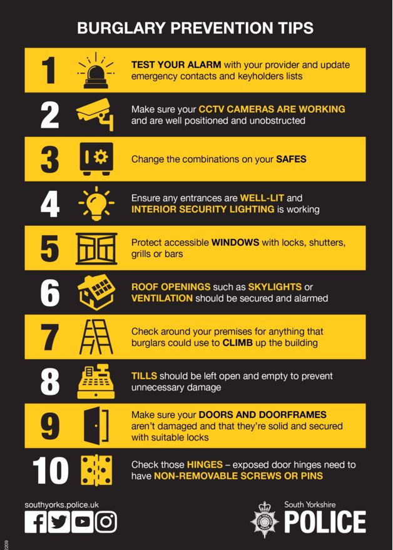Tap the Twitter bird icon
point(59,521)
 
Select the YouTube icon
point(83,521)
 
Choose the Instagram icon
point(106,521)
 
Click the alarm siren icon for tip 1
point(96,69)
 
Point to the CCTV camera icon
point(95,115)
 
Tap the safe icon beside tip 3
point(95,159)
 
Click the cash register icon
point(96,382)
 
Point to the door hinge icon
point(96,471)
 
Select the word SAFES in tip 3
point(291,159)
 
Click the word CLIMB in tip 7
point(238,343)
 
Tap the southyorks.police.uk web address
point(61,504)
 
